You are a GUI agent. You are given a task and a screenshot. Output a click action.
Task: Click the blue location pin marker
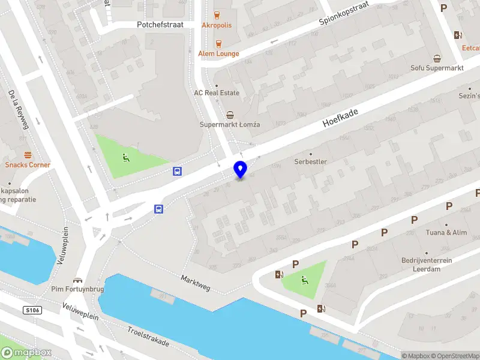(241, 169)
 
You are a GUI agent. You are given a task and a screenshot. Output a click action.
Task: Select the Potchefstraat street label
(160, 25)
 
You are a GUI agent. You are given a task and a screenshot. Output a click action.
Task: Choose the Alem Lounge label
(218, 53)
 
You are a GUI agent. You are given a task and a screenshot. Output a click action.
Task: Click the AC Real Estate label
(217, 93)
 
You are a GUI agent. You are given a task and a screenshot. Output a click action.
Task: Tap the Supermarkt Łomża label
(230, 124)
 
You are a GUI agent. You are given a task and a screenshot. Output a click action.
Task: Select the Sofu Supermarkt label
(437, 68)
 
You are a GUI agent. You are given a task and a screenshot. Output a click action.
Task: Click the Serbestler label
(310, 162)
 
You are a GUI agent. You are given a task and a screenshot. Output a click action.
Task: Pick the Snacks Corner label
(28, 164)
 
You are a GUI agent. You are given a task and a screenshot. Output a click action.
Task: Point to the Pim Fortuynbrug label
(77, 290)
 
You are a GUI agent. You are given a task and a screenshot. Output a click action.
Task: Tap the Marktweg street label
(196, 283)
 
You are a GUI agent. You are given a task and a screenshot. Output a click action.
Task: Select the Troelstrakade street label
(148, 336)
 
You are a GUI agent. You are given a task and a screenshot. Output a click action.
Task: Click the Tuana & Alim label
(446, 233)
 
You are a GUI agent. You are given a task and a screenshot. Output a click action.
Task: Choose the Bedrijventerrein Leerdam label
(427, 265)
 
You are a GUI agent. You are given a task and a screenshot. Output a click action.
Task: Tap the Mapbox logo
(25, 353)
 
